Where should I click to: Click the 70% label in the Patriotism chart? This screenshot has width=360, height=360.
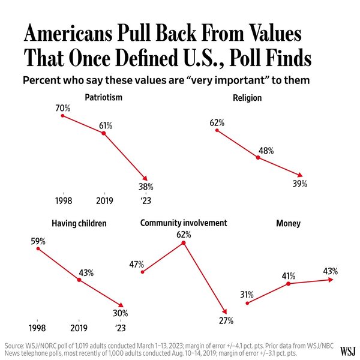[x=62, y=108]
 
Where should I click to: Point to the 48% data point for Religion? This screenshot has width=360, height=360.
[x=257, y=157]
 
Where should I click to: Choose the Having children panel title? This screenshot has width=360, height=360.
[x=79, y=223]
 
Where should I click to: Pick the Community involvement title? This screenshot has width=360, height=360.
[x=184, y=223]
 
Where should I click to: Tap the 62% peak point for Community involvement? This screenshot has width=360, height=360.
[x=184, y=242]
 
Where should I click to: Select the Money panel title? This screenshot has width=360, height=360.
[x=288, y=223]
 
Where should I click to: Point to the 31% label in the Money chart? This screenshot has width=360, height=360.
[x=247, y=295]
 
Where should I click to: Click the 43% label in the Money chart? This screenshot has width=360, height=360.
[x=330, y=271]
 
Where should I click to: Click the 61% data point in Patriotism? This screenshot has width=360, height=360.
[x=104, y=133]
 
